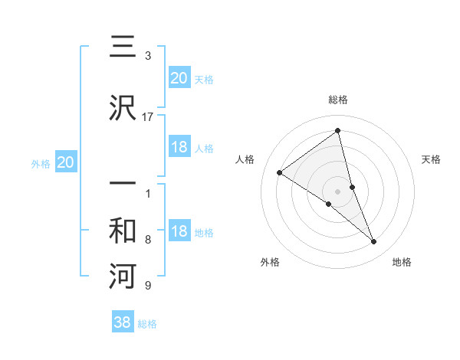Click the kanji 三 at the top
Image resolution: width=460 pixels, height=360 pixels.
123,47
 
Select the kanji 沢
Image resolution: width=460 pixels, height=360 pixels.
123,107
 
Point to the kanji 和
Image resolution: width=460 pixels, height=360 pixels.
123,231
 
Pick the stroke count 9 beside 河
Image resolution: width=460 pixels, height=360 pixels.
147,286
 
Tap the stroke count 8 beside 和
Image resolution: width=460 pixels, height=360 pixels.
147,240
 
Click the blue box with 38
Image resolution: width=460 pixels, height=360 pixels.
123,322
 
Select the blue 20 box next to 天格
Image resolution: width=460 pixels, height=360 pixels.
179,77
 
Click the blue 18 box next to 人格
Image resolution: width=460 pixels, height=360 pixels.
179,147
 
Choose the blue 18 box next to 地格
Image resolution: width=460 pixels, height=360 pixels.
179,231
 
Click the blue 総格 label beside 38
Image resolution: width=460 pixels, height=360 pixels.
147,324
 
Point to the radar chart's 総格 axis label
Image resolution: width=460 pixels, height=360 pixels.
338,100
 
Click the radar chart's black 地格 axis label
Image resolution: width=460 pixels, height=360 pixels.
402,263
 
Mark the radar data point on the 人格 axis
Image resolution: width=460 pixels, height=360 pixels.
280,172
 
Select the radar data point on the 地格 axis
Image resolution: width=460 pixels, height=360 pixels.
374,242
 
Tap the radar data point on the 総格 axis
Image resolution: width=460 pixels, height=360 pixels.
338,131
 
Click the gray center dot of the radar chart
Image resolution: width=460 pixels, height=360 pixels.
338,191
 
